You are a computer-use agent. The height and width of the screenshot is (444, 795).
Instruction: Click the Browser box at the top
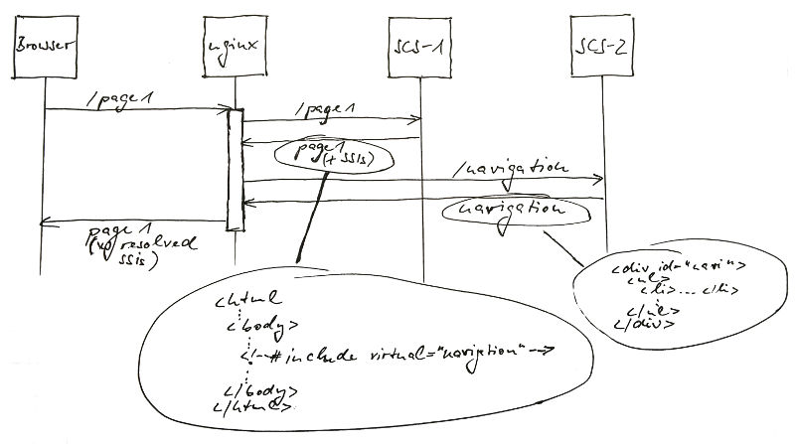coord(46,47)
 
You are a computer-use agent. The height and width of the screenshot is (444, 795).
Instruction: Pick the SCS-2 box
coord(604,47)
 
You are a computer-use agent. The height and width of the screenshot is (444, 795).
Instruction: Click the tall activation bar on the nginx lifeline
coord(235,169)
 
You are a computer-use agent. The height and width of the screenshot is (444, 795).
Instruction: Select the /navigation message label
coord(509,166)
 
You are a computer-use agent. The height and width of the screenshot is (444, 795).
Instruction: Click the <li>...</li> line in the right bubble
coord(676,290)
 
